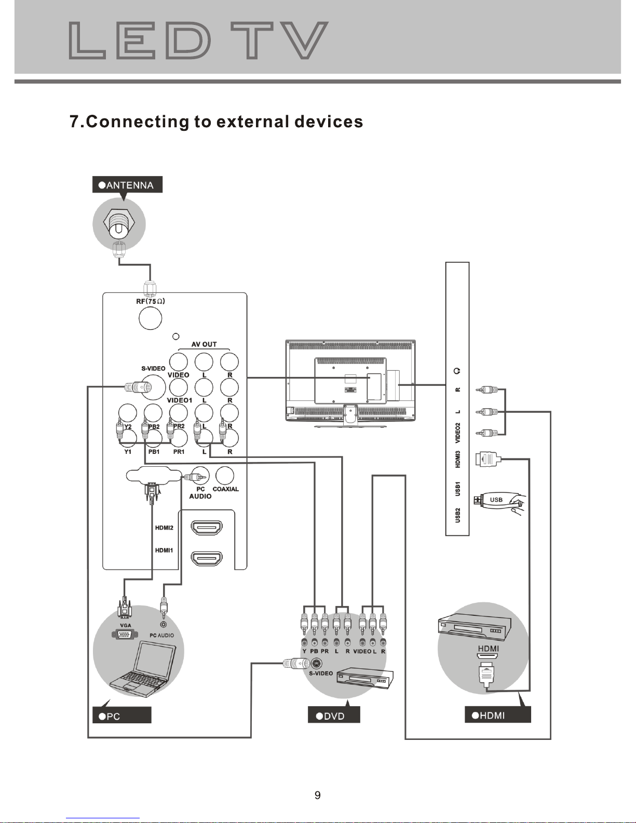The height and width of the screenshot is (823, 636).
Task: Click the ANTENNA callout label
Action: tap(127, 184)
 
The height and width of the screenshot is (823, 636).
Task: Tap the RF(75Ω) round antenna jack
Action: tap(150, 318)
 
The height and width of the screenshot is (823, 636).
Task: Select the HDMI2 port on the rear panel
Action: tap(207, 527)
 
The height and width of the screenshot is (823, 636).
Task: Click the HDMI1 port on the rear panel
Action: tap(207, 558)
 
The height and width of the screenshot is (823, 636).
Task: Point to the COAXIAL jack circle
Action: tap(225, 475)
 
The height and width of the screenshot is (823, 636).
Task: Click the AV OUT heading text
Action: tap(204, 344)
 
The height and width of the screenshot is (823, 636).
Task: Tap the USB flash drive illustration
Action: tap(499, 502)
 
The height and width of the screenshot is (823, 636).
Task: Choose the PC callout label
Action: tap(121, 716)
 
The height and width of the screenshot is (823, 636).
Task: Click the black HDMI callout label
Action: tap(497, 715)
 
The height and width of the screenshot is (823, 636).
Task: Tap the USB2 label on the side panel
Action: tap(458, 515)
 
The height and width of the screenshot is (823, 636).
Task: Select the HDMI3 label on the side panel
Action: tap(458, 459)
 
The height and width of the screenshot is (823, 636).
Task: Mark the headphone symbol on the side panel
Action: tap(457, 371)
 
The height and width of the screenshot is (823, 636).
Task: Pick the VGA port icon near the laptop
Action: tap(123, 635)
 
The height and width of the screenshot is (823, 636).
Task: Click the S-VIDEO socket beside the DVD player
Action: tap(316, 664)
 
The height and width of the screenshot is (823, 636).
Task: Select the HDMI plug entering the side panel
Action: tap(488, 459)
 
